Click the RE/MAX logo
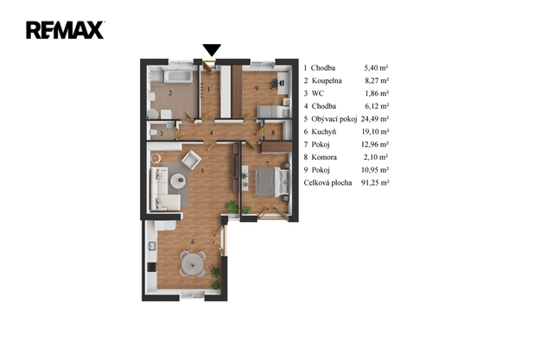(x=65, y=30)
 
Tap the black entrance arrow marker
(x=212, y=50)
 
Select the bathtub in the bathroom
(x=179, y=76)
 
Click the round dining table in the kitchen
(x=193, y=262)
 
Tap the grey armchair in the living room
(x=191, y=160)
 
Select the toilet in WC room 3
(x=153, y=132)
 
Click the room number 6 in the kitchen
(x=193, y=242)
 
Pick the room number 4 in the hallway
(x=211, y=133)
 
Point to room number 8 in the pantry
(x=273, y=133)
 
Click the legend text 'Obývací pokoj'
(x=334, y=119)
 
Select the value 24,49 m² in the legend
(x=374, y=119)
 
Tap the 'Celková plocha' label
(x=327, y=183)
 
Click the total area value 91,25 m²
(x=375, y=183)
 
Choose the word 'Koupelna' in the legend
(x=327, y=80)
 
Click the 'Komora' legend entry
(x=324, y=157)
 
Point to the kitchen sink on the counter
(x=152, y=246)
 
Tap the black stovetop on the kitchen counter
(x=152, y=267)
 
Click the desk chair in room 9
(x=274, y=84)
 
